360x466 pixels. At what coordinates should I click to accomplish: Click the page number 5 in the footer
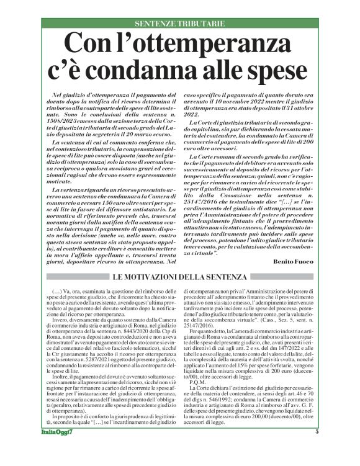317,449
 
